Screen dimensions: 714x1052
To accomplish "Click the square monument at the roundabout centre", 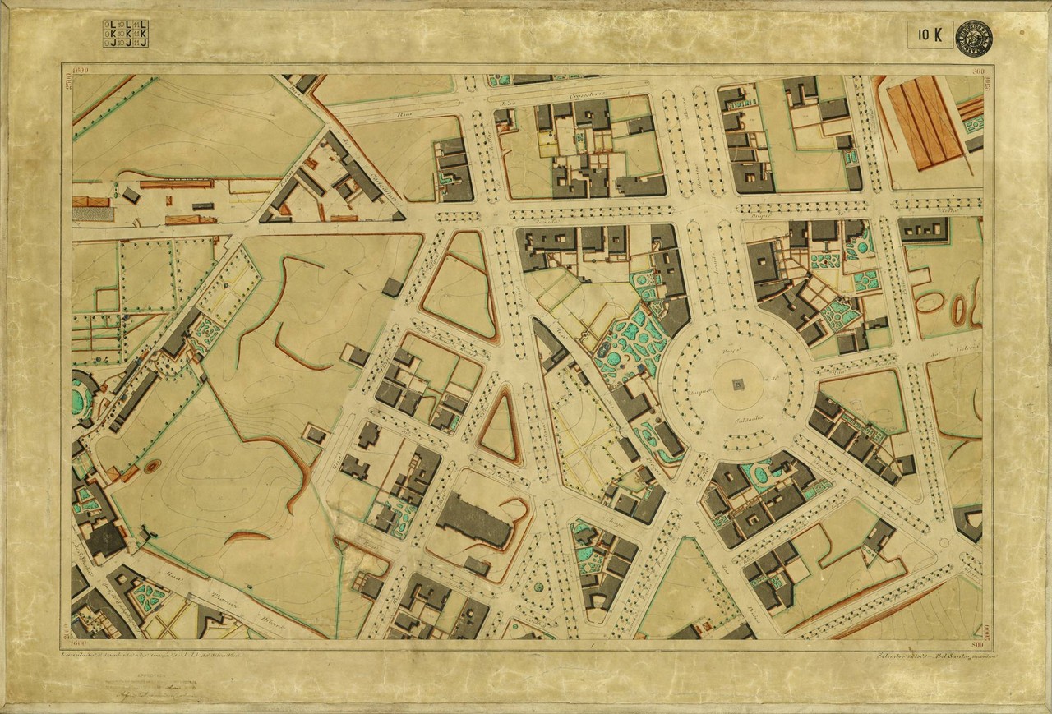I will [x=737, y=384].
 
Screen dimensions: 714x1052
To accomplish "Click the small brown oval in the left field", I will [x=153, y=467].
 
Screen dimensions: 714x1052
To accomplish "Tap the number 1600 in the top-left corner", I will [x=80, y=71].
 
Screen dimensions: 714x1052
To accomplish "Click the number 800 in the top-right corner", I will [x=977, y=71].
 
